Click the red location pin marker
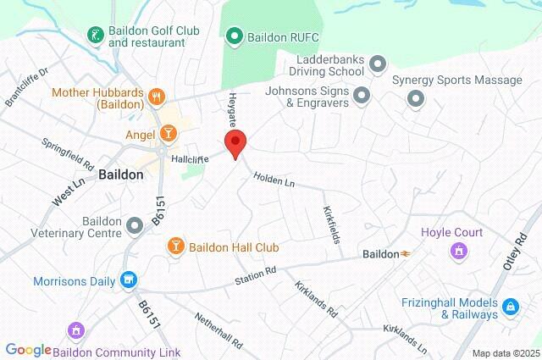[235, 142]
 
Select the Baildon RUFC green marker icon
[235, 36]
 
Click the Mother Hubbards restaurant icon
[156, 97]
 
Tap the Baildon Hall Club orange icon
[176, 246]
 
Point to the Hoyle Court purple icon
[459, 250]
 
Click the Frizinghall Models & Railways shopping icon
[510, 307]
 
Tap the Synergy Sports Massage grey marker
[416, 99]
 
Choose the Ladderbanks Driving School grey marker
[378, 62]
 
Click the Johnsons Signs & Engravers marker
[362, 95]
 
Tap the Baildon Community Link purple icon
[75, 330]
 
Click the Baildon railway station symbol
[406, 253]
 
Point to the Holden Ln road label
[274, 180]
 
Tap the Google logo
[28, 350]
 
